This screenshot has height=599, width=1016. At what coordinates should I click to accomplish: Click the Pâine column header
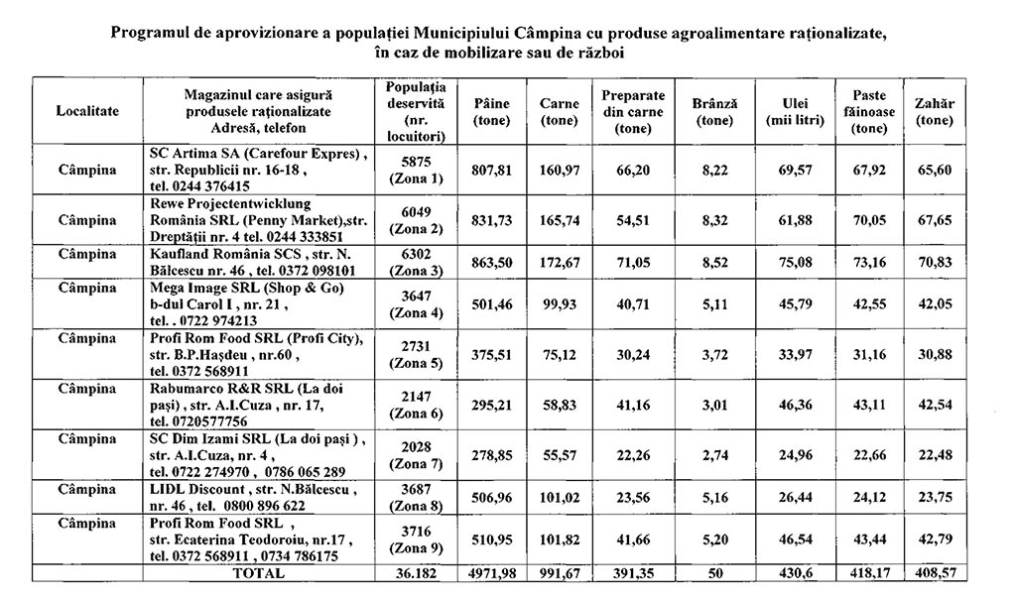492,111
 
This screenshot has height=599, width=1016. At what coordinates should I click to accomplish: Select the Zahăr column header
934,111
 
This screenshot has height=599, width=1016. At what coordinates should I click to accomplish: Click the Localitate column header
87,111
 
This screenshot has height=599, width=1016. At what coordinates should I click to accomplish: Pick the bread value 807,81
492,171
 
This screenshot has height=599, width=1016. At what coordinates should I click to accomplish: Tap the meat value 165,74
560,219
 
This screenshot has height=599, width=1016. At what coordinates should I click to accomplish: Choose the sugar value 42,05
934,304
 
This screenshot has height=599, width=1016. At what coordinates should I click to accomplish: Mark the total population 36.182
417,573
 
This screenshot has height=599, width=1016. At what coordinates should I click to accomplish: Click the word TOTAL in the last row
258,573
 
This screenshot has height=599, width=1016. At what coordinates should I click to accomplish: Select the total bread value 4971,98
492,573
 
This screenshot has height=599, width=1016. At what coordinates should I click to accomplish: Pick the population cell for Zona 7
417,453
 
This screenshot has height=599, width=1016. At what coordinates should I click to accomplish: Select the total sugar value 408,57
934,573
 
